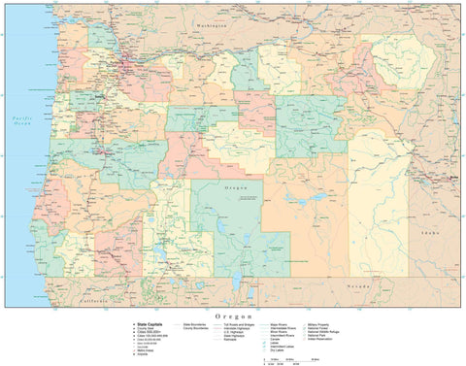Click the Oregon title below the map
tap(233, 316)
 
